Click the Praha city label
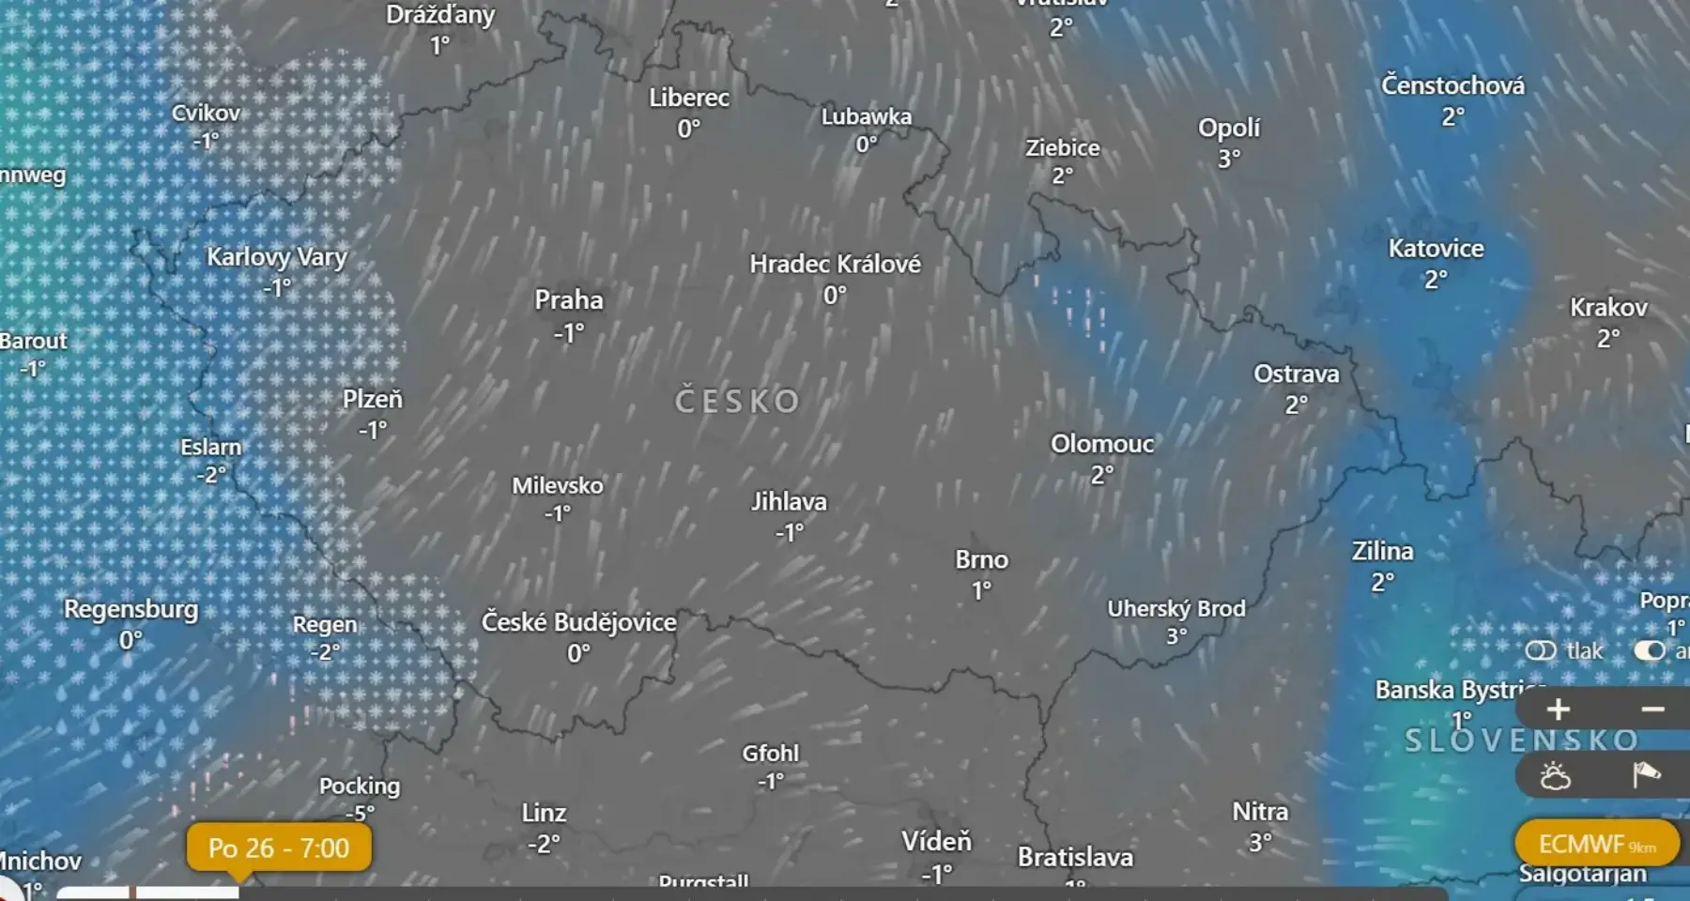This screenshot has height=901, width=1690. [x=569, y=300]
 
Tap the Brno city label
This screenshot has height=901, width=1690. [x=981, y=560]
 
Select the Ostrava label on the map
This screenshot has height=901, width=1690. [x=1296, y=374]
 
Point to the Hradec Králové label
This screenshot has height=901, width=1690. [x=835, y=265]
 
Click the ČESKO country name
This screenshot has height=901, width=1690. [x=737, y=402]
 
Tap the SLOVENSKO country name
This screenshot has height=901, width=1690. [x=1521, y=741]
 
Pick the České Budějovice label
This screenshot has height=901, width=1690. [x=578, y=622]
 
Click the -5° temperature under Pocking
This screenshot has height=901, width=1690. [x=359, y=813]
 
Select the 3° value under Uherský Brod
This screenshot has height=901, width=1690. [x=1176, y=636]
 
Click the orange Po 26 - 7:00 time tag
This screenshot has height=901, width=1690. [x=279, y=848]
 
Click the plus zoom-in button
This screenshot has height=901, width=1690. [x=1558, y=710]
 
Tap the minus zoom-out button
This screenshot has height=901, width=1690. [x=1652, y=710]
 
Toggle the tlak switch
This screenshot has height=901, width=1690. [x=1541, y=650]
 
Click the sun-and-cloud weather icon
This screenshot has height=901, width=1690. [x=1555, y=776]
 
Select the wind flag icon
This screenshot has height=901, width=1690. [x=1646, y=775]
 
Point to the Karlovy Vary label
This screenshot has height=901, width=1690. [x=277, y=257]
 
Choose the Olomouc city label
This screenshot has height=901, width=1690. [x=1102, y=444]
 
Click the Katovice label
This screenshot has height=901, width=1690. [x=1436, y=249]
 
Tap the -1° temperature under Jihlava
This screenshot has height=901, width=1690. [x=789, y=533]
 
